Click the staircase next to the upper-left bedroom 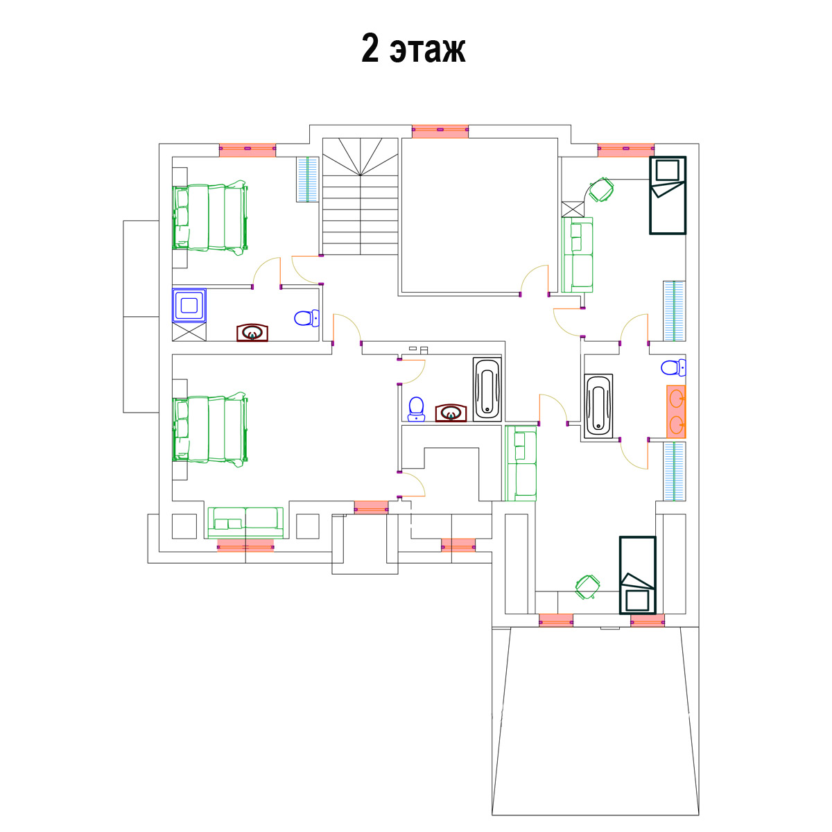360,196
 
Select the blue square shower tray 189,305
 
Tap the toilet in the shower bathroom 306,318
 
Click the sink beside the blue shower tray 252,333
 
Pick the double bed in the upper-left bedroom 210,218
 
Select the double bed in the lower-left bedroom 210,430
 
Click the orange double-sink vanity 676,411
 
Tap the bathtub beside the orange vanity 598,406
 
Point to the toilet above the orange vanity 673,367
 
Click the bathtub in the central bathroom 487,389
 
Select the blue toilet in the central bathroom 416,409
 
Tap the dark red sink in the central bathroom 451,413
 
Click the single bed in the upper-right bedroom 668,195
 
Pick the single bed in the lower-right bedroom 638,575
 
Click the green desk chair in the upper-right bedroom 601,190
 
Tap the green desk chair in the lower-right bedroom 588,587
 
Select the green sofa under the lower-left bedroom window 245,523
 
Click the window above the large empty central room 440,131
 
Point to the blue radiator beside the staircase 307,179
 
